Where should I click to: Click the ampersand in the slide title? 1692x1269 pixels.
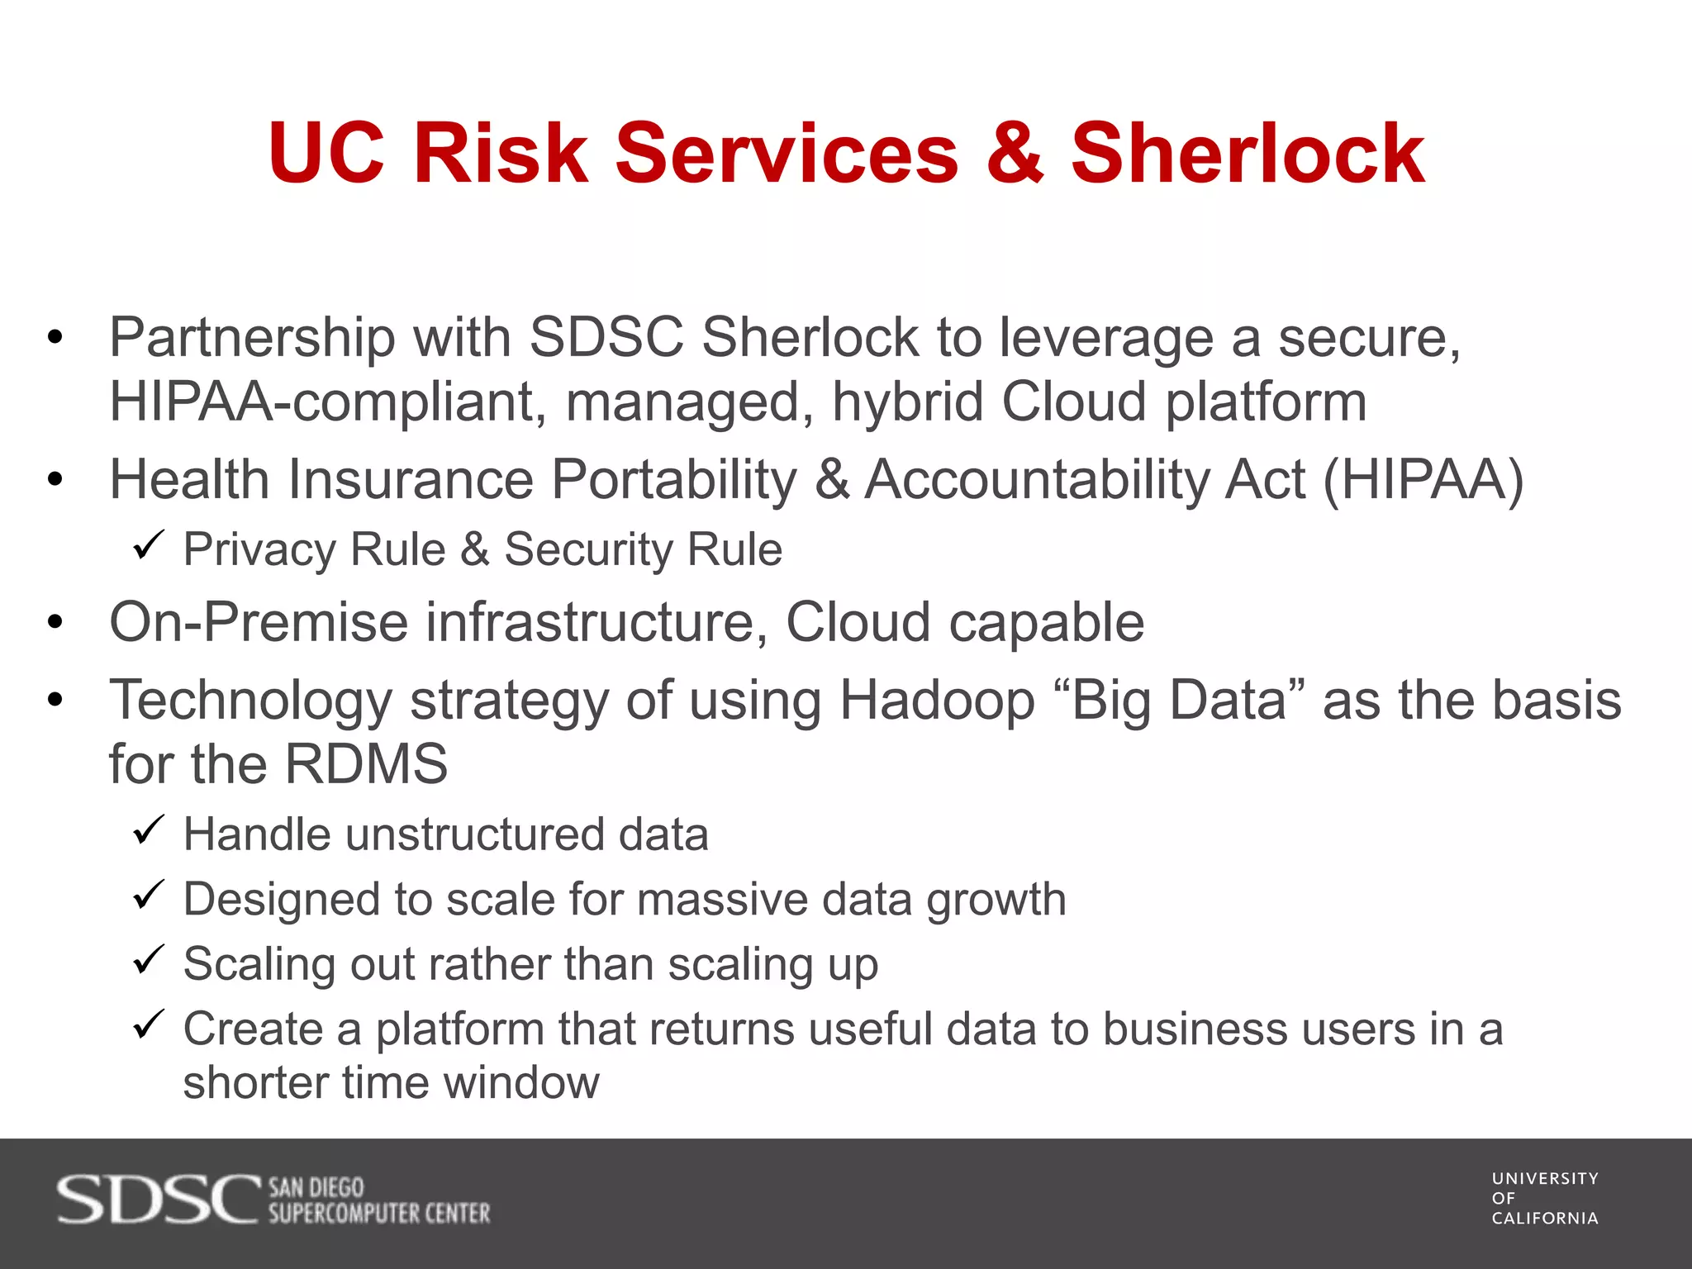1015,154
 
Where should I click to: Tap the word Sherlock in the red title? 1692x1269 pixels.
1248,154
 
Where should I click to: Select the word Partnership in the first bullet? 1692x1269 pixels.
252,339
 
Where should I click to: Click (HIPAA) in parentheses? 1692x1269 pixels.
1423,480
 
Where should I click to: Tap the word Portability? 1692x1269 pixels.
674,480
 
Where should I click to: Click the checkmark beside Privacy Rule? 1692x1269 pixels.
149,547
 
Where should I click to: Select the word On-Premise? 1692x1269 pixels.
259,622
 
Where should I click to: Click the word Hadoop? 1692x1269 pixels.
937,701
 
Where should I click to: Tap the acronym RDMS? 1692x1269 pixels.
366,764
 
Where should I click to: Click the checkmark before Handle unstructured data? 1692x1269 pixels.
149,831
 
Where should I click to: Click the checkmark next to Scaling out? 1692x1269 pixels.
149,961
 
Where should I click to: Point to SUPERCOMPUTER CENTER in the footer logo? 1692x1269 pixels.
379,1214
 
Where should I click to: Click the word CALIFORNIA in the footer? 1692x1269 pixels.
1545,1219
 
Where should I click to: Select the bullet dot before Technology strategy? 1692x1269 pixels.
55,701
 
